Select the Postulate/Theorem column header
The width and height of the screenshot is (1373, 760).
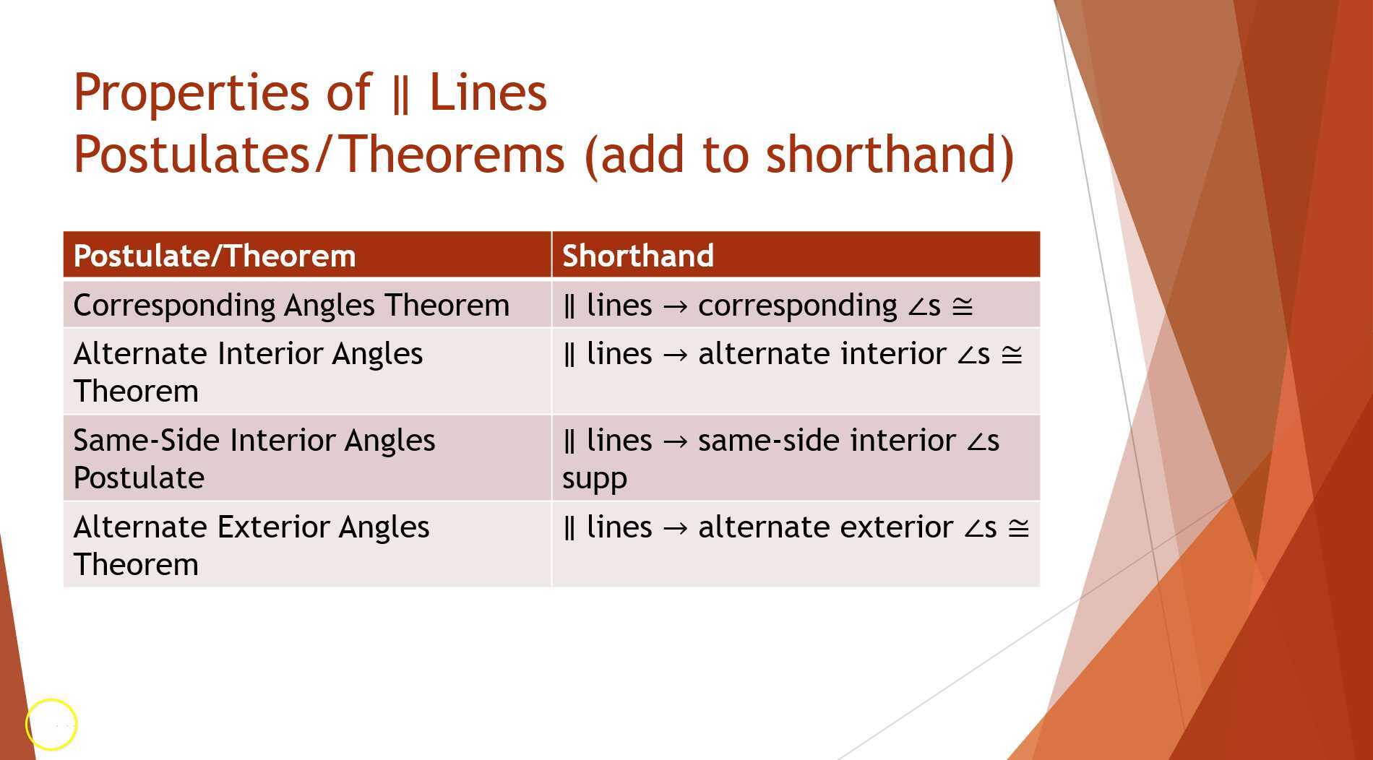(215, 256)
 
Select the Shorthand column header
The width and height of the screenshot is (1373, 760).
(638, 256)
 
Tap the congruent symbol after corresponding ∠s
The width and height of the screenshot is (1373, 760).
(963, 306)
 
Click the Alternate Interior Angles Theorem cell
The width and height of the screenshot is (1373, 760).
(248, 372)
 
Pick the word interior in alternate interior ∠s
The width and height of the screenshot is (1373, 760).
(893, 355)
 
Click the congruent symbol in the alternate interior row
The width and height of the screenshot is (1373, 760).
(1012, 355)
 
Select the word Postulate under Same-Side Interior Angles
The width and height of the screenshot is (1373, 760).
(139, 478)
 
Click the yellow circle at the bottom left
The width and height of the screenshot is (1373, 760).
(51, 724)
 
